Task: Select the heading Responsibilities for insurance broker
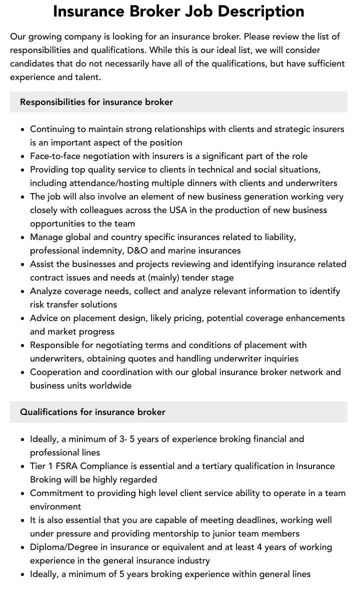(96, 102)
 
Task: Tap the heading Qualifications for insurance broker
(92, 412)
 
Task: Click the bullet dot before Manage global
(23, 237)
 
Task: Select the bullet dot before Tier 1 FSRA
(23, 466)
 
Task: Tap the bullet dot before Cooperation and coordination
(23, 372)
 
